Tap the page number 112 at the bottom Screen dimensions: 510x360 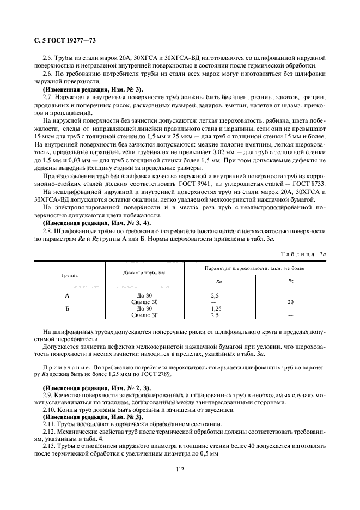click(180, 468)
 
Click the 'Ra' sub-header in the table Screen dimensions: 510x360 click(218, 281)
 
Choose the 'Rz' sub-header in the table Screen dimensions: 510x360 click(290, 281)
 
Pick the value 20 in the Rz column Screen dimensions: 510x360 click(290, 302)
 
